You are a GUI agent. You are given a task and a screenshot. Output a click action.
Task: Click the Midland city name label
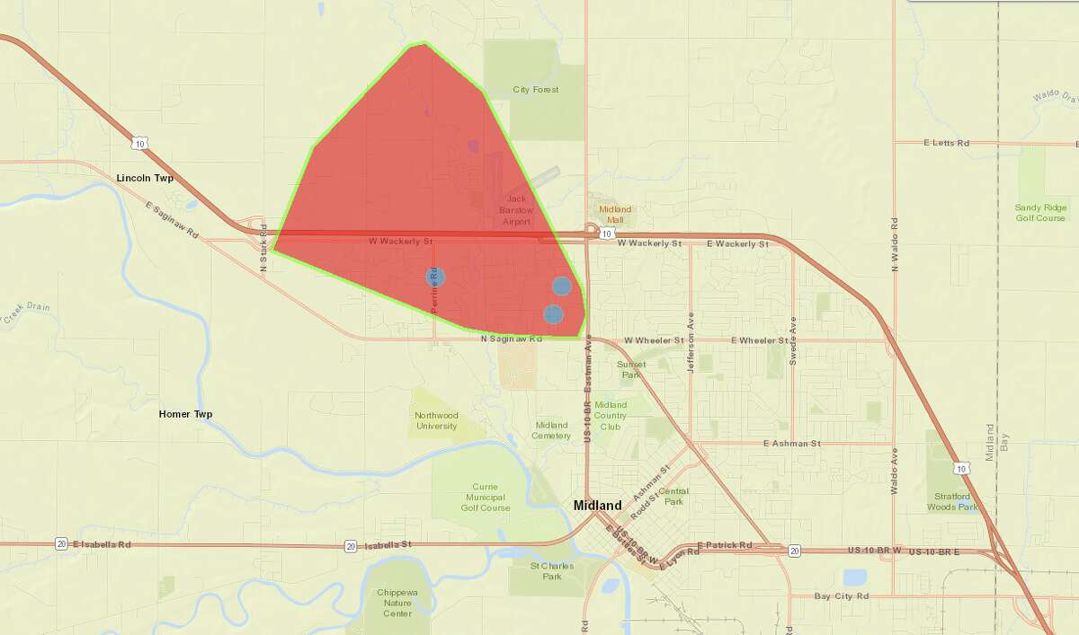click(x=597, y=506)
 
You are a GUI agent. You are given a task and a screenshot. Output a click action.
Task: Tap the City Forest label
click(x=535, y=90)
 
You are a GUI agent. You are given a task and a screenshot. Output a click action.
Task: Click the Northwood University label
click(x=436, y=420)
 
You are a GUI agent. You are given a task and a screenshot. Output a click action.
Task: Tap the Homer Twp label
click(x=185, y=414)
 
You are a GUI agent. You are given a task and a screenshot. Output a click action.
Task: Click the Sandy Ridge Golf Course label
click(x=1039, y=212)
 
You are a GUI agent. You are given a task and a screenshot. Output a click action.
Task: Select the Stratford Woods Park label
click(x=952, y=501)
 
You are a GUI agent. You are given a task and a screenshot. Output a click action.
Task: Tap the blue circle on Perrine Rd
click(x=435, y=277)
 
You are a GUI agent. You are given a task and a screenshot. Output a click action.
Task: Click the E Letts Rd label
click(x=946, y=143)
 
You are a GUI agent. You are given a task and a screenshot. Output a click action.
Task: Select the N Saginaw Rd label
click(x=512, y=340)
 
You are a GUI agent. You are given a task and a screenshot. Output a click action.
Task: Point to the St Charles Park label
click(x=546, y=571)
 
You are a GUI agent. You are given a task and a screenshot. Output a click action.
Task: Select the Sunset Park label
click(x=630, y=369)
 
